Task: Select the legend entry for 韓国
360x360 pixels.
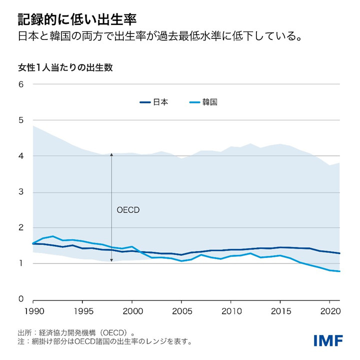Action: coord(203,102)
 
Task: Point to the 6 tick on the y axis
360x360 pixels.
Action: coord(21,84)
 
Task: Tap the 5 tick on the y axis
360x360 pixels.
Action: coord(21,120)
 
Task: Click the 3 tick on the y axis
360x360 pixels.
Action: coord(21,192)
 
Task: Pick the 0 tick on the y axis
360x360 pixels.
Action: coord(21,299)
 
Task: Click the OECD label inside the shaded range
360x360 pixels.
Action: coord(128,210)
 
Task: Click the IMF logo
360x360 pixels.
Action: coord(328,340)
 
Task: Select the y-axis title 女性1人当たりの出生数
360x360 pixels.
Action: coord(65,67)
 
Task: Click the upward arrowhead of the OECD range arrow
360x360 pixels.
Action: coord(111,155)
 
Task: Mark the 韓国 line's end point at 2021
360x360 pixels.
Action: coord(340,271)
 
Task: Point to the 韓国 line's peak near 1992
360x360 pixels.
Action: coord(53,236)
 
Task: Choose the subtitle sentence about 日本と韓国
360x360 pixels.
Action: coord(159,37)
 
